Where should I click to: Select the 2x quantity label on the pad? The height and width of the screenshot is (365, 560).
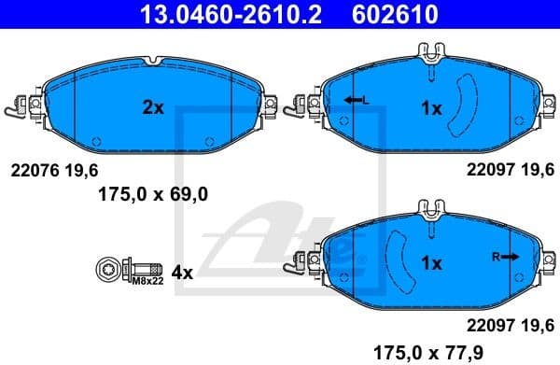coord(153,107)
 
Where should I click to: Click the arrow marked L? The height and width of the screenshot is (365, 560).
coord(356,100)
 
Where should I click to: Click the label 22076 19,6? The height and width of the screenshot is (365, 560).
coord(53,169)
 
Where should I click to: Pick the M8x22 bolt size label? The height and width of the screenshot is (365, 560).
coord(147,280)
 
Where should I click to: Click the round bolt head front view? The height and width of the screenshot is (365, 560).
coord(105,271)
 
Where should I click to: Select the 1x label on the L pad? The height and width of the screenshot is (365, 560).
coord(430,108)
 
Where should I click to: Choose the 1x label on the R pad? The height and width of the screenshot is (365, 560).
coord(430,263)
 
